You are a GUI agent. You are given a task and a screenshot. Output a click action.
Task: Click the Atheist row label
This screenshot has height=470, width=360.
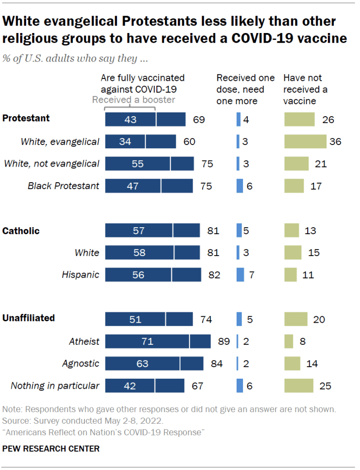(84, 341)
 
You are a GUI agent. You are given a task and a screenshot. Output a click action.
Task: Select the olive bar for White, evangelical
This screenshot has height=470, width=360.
(305, 141)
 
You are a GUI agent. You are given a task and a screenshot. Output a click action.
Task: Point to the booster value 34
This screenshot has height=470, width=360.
(125, 141)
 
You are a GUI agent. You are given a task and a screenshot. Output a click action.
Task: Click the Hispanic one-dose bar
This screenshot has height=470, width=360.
(240, 275)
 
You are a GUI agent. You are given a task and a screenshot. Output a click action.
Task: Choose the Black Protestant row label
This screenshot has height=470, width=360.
(63, 185)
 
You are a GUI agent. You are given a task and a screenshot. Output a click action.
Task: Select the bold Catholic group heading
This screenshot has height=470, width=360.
(21, 231)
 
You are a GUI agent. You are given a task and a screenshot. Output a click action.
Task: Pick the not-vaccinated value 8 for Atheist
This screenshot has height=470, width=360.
(303, 341)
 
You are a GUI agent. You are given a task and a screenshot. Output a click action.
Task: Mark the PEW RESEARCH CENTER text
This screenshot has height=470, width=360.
(51, 448)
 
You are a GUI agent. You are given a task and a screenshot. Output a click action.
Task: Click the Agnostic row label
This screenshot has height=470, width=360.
(81, 364)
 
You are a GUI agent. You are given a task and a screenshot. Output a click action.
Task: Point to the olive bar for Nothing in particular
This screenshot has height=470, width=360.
(299, 386)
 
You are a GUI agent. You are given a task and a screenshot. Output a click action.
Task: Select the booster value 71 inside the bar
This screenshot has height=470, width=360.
(147, 341)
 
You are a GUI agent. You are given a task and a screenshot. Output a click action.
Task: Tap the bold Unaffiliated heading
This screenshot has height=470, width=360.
(28, 318)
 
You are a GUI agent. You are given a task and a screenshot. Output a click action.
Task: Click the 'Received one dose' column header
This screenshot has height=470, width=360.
(246, 89)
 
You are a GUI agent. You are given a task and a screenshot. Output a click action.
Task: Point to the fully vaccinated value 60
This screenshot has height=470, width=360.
(189, 141)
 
